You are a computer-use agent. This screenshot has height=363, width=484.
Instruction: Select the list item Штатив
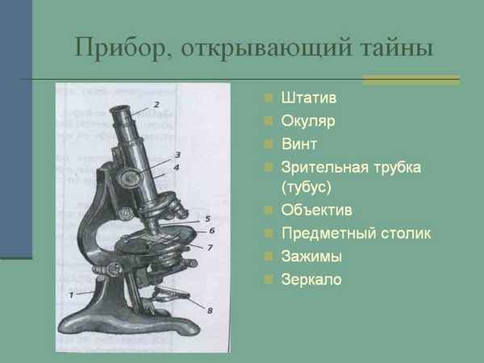(310, 99)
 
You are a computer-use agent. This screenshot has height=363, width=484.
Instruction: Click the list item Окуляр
(308, 122)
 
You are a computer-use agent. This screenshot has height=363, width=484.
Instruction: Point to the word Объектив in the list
(317, 211)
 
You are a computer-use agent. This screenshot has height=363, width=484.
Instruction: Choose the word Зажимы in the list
(312, 257)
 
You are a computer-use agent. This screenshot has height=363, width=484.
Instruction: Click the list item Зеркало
(312, 280)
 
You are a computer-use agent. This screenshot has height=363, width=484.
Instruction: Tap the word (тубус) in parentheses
(307, 186)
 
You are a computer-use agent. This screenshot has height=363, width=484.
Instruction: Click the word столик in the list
(403, 234)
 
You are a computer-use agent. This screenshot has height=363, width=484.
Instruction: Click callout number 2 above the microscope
(156, 104)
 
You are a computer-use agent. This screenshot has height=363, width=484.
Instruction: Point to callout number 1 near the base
(71, 294)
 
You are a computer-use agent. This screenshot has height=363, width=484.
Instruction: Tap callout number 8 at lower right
(211, 309)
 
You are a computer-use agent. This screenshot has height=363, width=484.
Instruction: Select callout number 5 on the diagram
(207, 218)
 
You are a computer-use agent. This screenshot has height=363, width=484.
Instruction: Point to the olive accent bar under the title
(411, 80)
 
